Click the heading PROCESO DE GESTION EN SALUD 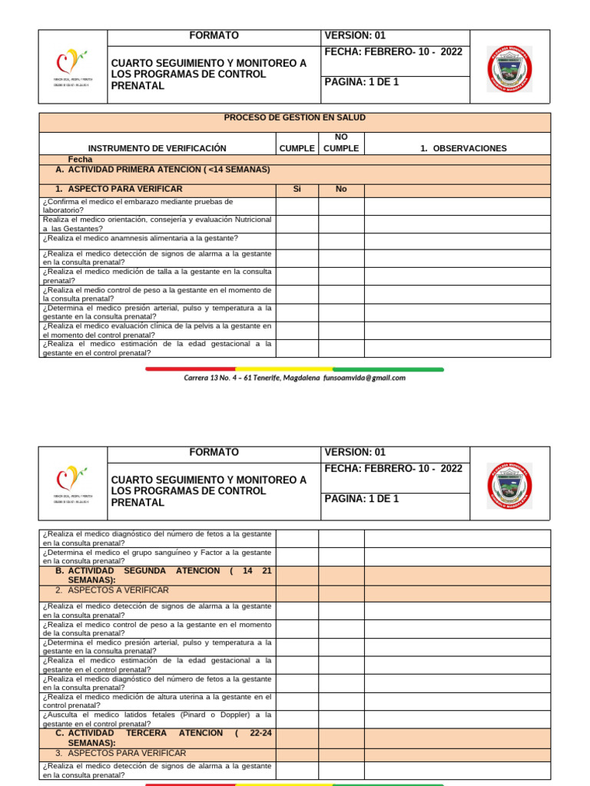click(294, 117)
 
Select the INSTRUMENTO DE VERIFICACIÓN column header click(157, 148)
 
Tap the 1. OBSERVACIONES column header click(463, 148)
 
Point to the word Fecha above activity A click(80, 160)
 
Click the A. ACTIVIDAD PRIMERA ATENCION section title click(162, 170)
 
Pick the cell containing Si click(297, 189)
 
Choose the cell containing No click(341, 189)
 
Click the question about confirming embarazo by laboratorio click(138, 206)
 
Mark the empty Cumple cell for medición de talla click(297, 276)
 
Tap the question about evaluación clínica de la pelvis click(157, 330)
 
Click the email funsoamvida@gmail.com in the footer click(364, 378)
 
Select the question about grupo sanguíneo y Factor click(157, 556)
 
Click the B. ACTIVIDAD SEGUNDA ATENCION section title click(163, 576)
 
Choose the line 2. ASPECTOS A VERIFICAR click(112, 590)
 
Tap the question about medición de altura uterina click(157, 701)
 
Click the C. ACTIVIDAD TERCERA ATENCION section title click(163, 738)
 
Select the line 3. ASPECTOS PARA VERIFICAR click(121, 753)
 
